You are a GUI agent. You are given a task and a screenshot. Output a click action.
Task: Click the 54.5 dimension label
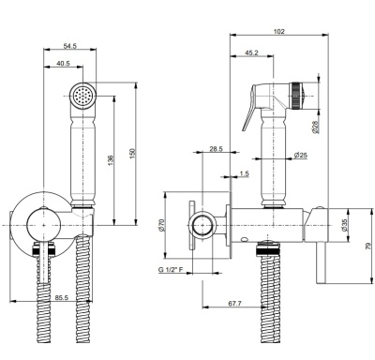tap(70, 46)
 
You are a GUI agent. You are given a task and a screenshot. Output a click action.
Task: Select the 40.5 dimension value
tap(63, 63)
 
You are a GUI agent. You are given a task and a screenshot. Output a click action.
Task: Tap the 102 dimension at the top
tap(279, 31)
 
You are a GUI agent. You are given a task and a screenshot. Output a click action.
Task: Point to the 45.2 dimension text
tap(251, 52)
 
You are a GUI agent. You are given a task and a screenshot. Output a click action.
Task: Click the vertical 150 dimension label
tap(132, 154)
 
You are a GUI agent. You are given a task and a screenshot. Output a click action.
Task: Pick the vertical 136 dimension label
tap(110, 160)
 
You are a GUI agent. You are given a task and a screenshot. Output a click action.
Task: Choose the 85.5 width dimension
tap(62, 298)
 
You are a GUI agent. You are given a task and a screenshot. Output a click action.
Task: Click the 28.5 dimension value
tap(216, 149)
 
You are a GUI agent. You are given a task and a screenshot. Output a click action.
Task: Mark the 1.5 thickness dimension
tap(245, 173)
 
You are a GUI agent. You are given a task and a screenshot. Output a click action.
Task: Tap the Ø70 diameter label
tap(161, 225)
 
